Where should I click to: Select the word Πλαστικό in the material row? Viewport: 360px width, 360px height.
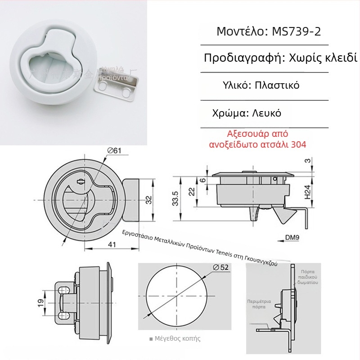tap(277, 85)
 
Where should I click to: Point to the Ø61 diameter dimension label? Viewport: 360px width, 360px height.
tap(115, 150)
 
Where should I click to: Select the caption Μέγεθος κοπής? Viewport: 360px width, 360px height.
tap(177, 338)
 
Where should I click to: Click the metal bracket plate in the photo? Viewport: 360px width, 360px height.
tap(117, 86)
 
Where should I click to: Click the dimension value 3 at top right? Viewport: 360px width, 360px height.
tap(307, 161)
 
